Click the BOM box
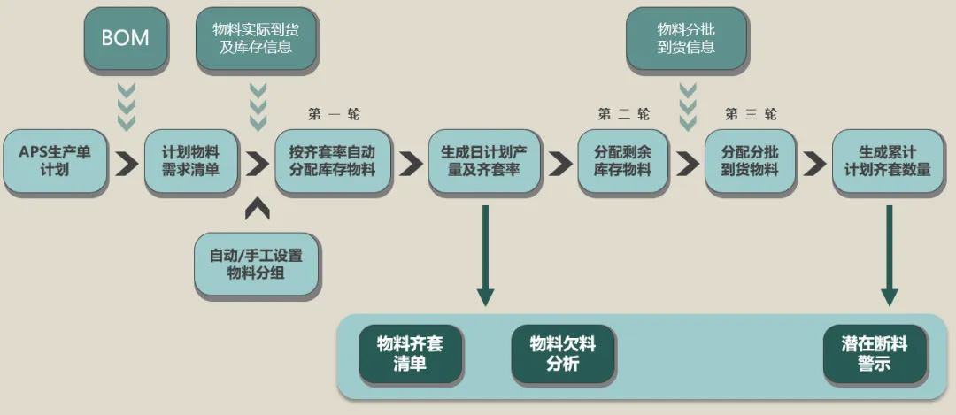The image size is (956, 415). (126, 38)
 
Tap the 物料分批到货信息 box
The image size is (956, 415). (686, 38)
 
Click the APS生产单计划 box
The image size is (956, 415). (55, 160)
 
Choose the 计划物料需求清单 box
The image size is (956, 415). (190, 160)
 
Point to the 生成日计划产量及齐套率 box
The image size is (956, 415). (483, 160)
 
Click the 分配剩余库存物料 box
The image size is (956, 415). (623, 160)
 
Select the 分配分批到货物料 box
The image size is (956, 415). (750, 160)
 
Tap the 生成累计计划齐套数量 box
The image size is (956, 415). (887, 160)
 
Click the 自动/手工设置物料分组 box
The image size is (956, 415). (256, 264)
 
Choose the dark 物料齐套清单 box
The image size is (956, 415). (410, 353)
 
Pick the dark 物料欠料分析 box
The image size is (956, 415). (563, 353)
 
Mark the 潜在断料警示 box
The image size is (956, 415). (874, 353)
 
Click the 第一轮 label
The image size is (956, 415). (334, 114)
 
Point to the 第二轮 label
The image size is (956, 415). (623, 114)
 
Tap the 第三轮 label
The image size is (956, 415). (751, 114)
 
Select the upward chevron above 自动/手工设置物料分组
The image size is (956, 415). (257, 209)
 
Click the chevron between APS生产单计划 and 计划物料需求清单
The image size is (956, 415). (127, 164)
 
